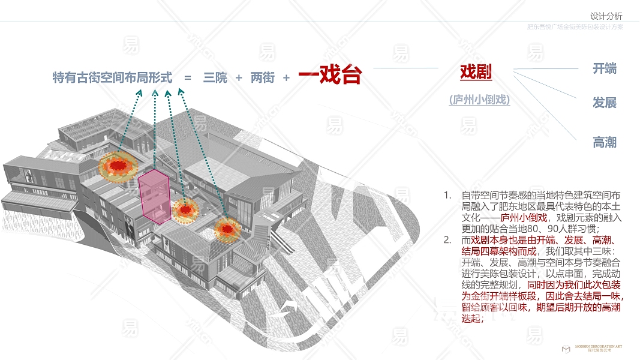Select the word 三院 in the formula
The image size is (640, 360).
pyautogui.click(x=215, y=78)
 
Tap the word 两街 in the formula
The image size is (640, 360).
pyautogui.click(x=262, y=78)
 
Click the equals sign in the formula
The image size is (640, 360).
pyautogui.click(x=188, y=78)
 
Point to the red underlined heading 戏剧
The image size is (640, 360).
pyautogui.click(x=476, y=73)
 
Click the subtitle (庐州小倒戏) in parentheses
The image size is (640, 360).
pyautogui.click(x=479, y=100)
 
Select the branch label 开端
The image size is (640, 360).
pyautogui.click(x=604, y=68)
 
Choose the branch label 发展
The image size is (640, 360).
pyautogui.click(x=604, y=103)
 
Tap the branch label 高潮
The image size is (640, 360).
pyautogui.click(x=604, y=143)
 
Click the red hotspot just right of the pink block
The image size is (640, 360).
pyautogui.click(x=186, y=210)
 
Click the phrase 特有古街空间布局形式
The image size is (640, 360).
pyautogui.click(x=112, y=78)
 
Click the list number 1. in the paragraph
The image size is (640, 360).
pyautogui.click(x=447, y=196)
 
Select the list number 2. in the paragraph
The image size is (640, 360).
pyautogui.click(x=447, y=241)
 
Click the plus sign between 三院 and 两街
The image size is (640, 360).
pyautogui.click(x=239, y=78)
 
